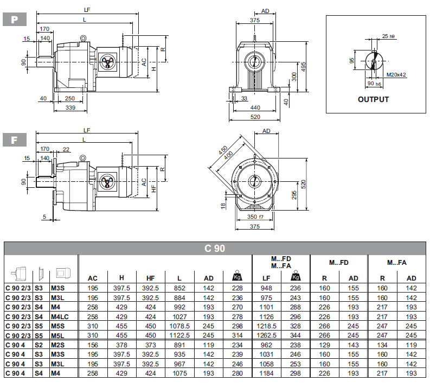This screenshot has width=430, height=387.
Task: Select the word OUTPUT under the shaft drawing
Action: [373, 99]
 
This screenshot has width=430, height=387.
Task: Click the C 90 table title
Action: [215, 249]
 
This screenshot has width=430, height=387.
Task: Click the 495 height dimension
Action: [305, 66]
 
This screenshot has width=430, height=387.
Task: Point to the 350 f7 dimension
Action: [255, 217]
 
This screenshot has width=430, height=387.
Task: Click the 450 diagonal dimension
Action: [223, 150]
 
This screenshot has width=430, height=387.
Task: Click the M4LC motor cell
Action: [59, 316]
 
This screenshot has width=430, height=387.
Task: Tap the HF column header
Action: [150, 278]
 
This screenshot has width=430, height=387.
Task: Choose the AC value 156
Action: [93, 345]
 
